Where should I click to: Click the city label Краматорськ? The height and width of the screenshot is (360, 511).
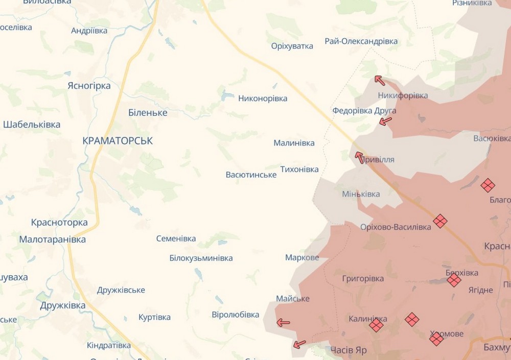(118, 141)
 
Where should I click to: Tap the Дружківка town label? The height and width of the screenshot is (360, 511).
(63, 305)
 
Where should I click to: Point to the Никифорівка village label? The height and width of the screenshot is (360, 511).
(403, 95)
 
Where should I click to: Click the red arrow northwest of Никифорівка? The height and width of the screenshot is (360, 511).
(379, 79)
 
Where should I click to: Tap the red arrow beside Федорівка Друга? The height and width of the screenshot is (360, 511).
(385, 121)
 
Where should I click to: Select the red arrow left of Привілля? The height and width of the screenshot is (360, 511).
(360, 157)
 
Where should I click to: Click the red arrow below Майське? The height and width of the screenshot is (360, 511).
(283, 322)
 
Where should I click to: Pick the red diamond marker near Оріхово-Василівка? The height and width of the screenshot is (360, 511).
(440, 221)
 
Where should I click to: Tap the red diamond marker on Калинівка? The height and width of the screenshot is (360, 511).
(376, 325)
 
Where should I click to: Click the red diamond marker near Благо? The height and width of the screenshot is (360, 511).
(487, 185)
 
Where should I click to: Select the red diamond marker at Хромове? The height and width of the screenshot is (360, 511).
(436, 339)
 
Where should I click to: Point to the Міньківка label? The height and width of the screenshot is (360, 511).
(361, 194)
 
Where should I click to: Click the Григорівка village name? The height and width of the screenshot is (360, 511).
(363, 278)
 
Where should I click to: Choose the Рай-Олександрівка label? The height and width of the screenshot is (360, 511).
(361, 41)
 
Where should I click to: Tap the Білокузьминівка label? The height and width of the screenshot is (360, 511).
(201, 258)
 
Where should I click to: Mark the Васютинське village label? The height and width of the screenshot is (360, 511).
(251, 175)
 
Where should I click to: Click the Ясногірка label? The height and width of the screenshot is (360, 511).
(89, 86)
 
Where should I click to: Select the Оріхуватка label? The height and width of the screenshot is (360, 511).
(292, 46)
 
